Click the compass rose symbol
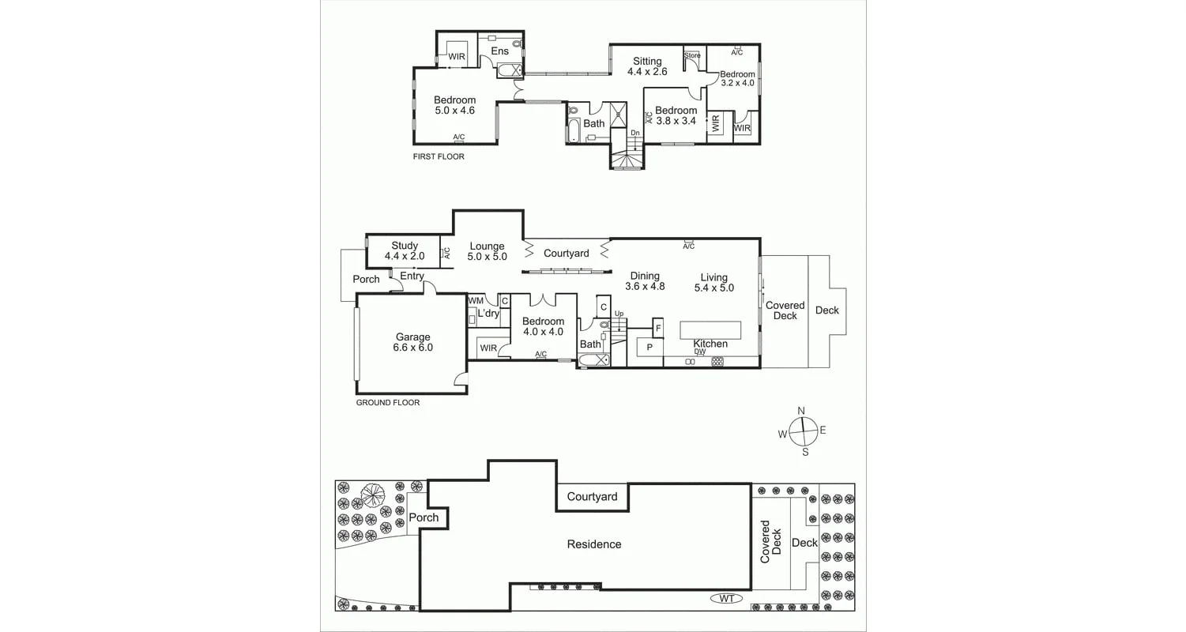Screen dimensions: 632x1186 802,431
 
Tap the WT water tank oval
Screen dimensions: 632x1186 727,599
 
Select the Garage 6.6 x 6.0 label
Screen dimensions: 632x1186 412,342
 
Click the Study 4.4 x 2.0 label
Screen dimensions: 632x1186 404,251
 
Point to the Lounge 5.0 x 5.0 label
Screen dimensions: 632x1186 486,252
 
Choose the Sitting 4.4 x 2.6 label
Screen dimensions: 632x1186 647,66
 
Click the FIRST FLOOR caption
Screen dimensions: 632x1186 439,157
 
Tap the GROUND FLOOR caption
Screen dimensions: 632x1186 387,403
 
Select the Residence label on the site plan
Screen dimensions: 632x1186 594,544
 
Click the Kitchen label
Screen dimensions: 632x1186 710,344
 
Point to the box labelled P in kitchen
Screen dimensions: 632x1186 649,347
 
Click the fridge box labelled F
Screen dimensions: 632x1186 657,327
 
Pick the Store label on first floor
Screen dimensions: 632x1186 692,55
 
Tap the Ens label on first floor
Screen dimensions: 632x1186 500,51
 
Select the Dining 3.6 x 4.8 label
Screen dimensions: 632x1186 645,281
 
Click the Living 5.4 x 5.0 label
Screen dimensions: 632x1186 713,283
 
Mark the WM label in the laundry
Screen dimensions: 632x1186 476,301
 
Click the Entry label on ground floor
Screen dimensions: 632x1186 412,276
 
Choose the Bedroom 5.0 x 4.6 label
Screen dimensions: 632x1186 454,105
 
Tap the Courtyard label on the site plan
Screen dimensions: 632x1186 592,497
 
